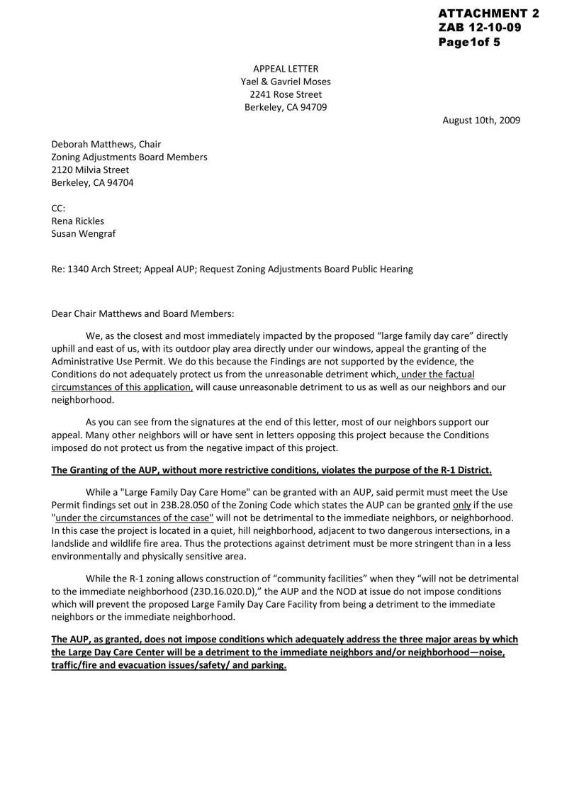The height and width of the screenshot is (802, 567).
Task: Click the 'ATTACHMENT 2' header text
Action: [x=488, y=13]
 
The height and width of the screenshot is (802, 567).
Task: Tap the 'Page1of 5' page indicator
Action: [x=469, y=42]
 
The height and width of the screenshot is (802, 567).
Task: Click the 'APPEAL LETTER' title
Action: [x=286, y=69]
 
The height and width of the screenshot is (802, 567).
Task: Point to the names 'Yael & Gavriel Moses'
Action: [x=286, y=82]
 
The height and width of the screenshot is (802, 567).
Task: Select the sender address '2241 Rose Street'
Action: [x=286, y=94]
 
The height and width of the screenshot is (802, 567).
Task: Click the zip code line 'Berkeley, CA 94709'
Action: [x=286, y=108]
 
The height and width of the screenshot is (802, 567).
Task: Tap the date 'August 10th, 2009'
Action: [x=481, y=120]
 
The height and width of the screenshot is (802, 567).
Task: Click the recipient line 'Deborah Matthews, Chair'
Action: [x=106, y=145]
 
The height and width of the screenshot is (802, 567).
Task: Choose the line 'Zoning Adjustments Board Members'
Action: [x=129, y=157]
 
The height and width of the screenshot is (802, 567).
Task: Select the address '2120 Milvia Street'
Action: [x=90, y=170]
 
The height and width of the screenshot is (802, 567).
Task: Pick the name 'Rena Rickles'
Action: [x=77, y=221]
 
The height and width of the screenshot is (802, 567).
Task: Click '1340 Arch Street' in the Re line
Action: [x=102, y=269]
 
